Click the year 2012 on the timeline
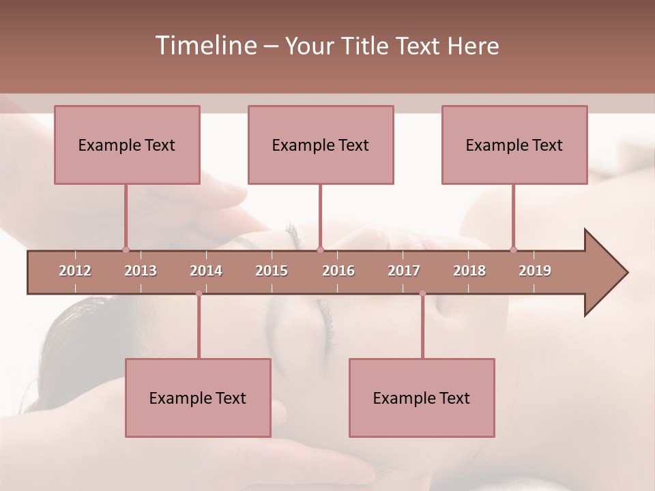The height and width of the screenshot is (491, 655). (75, 271)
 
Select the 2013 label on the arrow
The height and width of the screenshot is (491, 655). (141, 271)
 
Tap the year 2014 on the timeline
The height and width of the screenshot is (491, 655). (206, 271)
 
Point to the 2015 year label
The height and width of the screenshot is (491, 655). (272, 271)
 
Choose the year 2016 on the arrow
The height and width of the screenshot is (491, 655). (338, 271)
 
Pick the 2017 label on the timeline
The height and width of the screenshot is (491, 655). (404, 271)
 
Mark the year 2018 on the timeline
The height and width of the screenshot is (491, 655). (469, 271)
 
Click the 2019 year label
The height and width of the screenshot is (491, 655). (535, 271)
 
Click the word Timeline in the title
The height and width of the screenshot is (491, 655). (205, 46)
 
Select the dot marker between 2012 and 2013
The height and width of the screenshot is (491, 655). (126, 250)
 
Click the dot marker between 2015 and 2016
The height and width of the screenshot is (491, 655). (320, 250)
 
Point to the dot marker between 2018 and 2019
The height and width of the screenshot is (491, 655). (514, 250)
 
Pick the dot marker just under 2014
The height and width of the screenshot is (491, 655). (199, 293)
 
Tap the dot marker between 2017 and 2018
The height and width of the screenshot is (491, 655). (422, 293)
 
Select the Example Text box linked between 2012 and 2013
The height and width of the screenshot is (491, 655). (127, 145)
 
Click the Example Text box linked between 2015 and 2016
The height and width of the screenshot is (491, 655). (321, 145)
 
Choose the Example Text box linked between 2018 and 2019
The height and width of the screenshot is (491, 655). (514, 145)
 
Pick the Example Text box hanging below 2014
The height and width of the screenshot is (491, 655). (198, 398)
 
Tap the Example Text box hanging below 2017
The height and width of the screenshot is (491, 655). (422, 398)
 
